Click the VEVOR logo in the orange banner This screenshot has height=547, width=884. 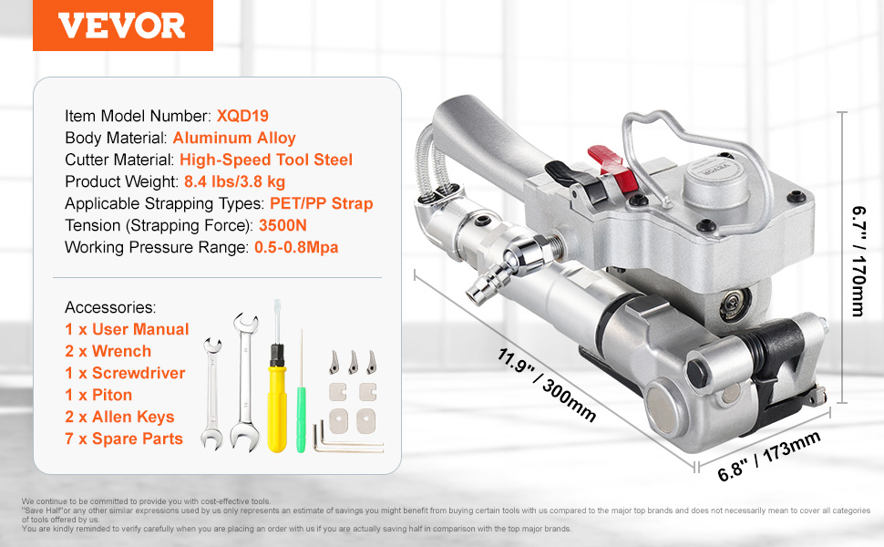(x=121, y=26)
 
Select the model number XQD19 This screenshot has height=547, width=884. (x=242, y=116)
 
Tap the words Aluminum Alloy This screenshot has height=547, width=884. (x=234, y=139)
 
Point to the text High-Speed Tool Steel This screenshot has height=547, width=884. (x=266, y=160)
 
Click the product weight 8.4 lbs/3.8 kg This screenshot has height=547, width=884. (x=234, y=181)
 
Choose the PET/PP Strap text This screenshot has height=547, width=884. (x=322, y=203)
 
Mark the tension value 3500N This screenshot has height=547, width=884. (x=283, y=225)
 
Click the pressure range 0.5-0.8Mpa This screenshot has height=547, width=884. (x=296, y=248)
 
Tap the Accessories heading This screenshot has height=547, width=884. (x=110, y=307)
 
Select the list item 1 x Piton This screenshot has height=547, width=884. (x=98, y=395)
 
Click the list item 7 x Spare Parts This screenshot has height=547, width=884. (x=124, y=439)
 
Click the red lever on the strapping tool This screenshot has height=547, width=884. (x=612, y=168)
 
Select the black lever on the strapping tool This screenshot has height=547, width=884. (x=576, y=181)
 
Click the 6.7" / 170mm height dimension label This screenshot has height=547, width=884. (x=858, y=261)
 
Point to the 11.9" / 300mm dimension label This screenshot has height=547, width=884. (x=546, y=385)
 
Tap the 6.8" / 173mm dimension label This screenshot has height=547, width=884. (x=769, y=457)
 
